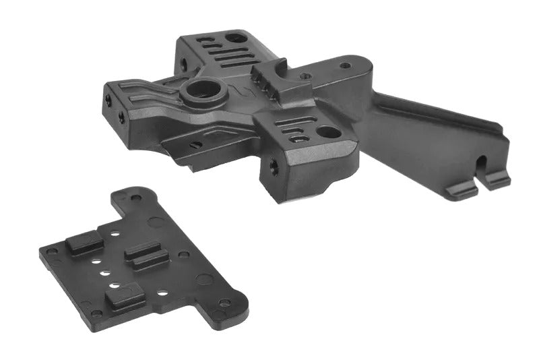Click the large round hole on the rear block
235,38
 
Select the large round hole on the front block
328,132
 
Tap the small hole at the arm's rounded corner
345,65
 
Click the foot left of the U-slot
462,189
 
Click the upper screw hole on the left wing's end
108,100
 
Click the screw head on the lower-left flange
195,144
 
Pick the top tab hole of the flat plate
136,198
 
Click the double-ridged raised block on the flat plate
146,256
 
